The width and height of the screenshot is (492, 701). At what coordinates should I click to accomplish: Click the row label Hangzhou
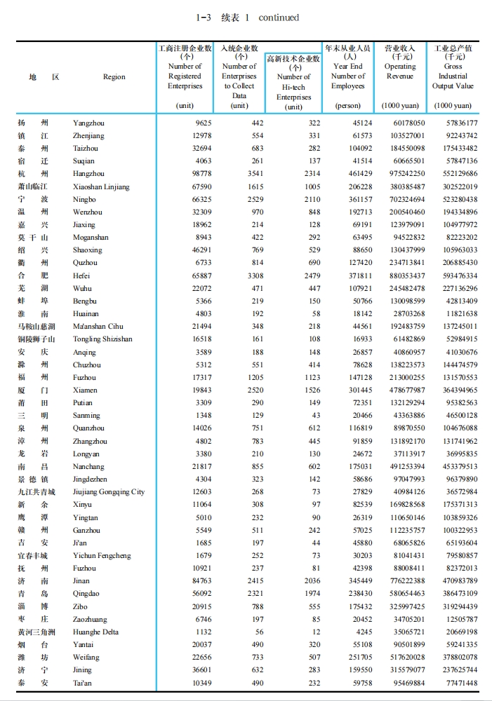[88, 174]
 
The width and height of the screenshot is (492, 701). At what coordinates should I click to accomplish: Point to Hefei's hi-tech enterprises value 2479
[307, 276]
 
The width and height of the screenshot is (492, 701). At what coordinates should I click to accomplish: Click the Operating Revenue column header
[399, 72]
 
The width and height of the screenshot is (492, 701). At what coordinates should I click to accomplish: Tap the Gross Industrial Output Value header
[453, 76]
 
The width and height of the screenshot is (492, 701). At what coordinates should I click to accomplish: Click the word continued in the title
[279, 18]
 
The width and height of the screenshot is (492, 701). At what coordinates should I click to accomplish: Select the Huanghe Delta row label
[97, 632]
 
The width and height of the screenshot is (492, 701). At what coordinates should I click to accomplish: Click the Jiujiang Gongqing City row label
[109, 492]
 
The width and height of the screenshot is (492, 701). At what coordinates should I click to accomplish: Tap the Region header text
[114, 77]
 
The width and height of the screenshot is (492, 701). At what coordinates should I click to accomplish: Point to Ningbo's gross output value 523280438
[455, 199]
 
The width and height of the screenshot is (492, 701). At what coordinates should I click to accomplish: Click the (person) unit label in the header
[348, 106]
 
